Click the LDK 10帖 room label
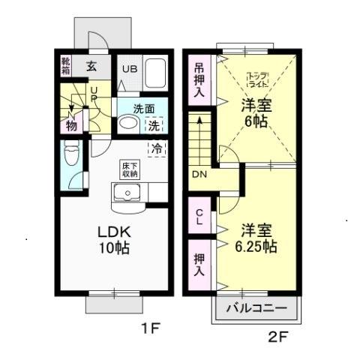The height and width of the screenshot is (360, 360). (x=110, y=238)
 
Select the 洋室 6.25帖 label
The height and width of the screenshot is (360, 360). (x=258, y=237)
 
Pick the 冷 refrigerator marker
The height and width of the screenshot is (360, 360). (x=157, y=148)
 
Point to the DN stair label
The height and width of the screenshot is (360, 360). (x=199, y=175)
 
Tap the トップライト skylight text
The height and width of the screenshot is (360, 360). (x=257, y=80)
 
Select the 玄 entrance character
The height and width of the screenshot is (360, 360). (x=91, y=66)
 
